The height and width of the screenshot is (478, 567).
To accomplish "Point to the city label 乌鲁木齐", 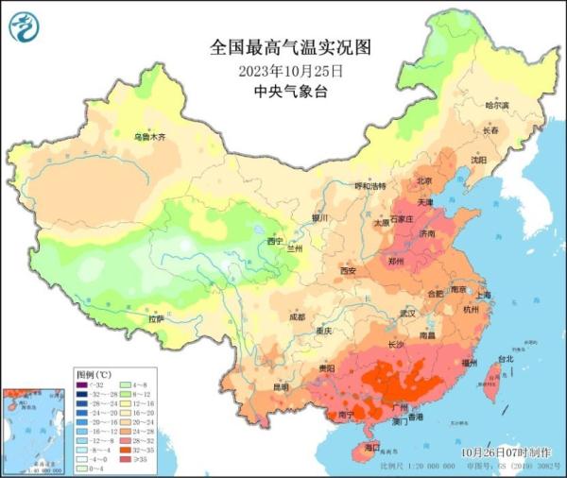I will tap(149, 138).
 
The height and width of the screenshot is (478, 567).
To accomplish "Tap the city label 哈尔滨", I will tap(496, 105).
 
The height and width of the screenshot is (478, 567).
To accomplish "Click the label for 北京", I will tap(425, 181).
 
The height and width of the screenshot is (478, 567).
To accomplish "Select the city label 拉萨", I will tap(155, 319).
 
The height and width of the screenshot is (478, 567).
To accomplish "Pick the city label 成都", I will tap(297, 317).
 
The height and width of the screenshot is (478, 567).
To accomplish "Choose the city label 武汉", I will tap(407, 312).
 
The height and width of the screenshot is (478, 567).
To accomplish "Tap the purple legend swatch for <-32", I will tap(82, 385).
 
